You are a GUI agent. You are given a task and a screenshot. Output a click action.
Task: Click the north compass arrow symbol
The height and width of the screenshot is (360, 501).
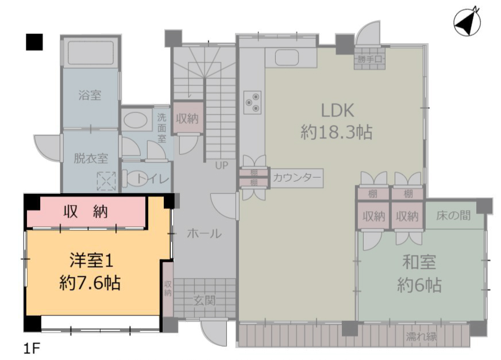pos(467,22)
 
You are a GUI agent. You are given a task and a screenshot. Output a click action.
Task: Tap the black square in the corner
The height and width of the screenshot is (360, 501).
pos(34,42)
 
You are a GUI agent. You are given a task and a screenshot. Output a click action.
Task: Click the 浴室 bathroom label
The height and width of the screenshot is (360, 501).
pos(90,95)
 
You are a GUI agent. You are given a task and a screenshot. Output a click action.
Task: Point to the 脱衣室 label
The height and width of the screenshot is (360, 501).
pos(91,158)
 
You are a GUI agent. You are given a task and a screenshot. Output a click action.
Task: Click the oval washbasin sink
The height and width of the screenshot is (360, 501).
pos(136,120)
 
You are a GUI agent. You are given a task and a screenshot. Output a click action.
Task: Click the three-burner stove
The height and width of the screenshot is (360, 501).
pos(252,102)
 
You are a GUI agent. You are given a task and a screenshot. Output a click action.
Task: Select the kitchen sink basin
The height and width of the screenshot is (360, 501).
pos(287,58)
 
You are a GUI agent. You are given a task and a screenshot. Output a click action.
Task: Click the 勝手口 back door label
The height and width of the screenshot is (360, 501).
pos(369,59)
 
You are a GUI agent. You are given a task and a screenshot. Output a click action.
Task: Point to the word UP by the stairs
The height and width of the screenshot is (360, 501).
pos(221,165)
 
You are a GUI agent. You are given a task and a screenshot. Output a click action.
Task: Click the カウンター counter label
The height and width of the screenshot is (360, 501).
pos(297,178)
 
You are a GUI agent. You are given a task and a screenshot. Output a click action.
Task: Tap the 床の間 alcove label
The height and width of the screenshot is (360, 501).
pos(453,216)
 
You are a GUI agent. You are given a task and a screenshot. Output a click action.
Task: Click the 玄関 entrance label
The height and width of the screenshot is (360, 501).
pos(205,300)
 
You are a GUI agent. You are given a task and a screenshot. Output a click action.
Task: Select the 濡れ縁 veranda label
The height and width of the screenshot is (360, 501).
pos(421,336)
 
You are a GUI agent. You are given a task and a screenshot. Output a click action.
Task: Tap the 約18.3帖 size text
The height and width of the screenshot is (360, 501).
pos(337,132)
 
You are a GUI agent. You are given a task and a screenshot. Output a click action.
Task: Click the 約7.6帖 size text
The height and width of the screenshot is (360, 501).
pos(90,282)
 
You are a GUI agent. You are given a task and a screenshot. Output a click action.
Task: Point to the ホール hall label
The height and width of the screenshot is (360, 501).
pos(204,233)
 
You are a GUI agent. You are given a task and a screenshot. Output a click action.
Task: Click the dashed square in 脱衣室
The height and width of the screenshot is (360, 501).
pos(106,181)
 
